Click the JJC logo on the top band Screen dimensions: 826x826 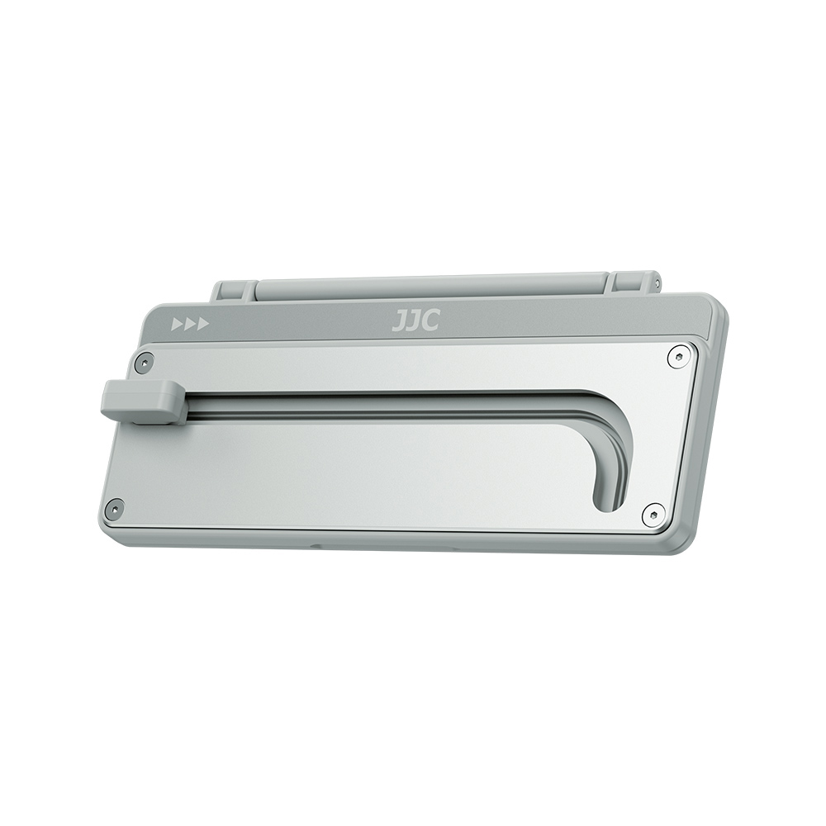click(415, 320)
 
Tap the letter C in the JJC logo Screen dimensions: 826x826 click(431, 320)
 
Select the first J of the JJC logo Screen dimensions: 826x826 click(399, 320)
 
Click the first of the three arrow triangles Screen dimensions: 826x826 click(177, 324)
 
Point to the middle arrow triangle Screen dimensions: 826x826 click(190, 324)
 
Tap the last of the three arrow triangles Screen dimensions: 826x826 click(203, 324)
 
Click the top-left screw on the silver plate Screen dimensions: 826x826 click(144, 362)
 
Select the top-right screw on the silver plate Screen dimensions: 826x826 click(678, 357)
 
